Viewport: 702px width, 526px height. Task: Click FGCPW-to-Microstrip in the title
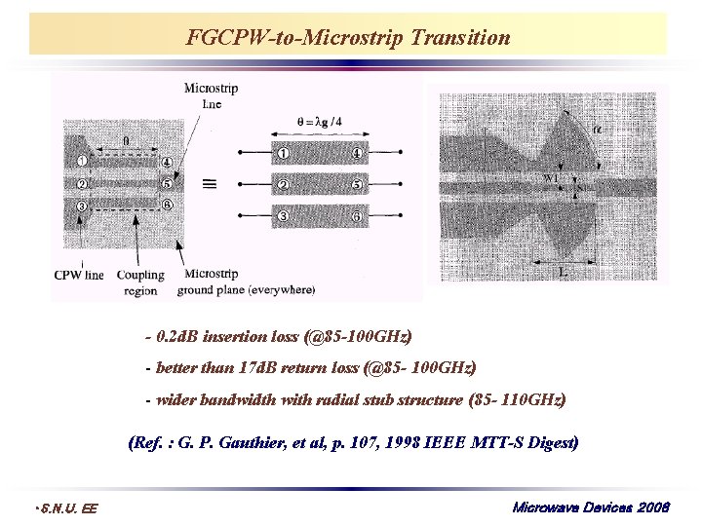[x=296, y=38]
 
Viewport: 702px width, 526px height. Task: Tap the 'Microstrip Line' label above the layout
[x=211, y=94]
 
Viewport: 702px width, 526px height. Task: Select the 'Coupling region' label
[x=140, y=282]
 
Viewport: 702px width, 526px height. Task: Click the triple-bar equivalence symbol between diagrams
[x=208, y=182]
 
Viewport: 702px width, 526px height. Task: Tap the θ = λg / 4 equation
[x=320, y=121]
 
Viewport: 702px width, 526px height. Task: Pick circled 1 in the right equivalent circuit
[x=282, y=153]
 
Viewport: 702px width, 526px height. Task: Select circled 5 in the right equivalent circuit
[x=358, y=184]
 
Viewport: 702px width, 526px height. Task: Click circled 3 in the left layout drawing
[x=83, y=206]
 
